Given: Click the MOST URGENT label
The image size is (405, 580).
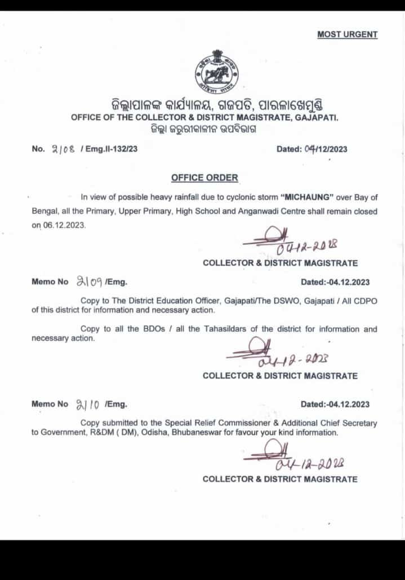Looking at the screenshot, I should [347, 34].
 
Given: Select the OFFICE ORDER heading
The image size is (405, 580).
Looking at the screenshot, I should [204, 178].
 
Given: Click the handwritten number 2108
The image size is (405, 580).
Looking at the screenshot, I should [63, 150].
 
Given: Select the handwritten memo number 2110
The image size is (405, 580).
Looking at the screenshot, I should [88, 404].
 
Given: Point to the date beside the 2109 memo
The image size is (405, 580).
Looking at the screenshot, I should [335, 282].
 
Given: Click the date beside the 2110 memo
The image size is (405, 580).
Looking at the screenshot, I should [335, 404].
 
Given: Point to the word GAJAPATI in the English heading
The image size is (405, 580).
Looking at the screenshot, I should [317, 117].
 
